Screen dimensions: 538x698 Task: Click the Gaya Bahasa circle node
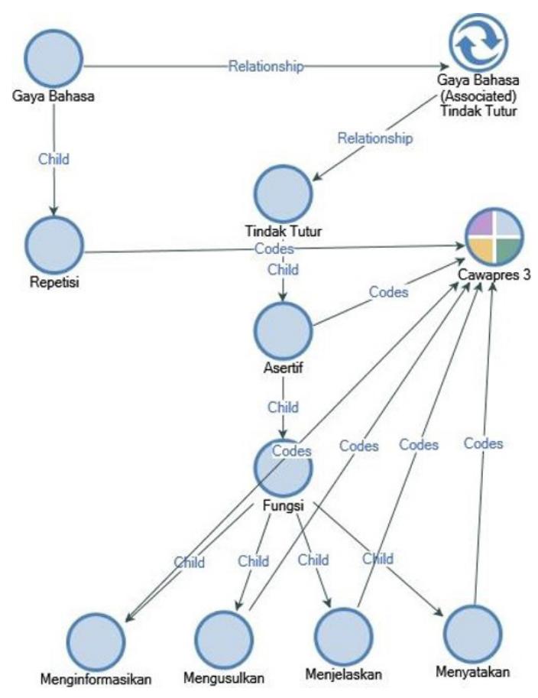(x=53, y=58)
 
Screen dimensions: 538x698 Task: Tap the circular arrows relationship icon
(x=478, y=43)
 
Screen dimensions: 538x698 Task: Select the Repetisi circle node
(x=54, y=245)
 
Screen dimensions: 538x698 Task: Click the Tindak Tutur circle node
(x=284, y=193)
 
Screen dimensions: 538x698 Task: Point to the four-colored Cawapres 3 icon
(x=494, y=237)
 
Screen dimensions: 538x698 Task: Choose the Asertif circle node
(x=284, y=331)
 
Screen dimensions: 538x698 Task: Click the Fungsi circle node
(x=284, y=468)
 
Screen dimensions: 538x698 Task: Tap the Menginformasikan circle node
(x=96, y=641)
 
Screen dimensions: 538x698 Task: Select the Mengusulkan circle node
(x=224, y=640)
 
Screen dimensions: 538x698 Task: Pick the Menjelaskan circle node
(x=343, y=637)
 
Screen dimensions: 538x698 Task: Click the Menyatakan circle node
(x=472, y=634)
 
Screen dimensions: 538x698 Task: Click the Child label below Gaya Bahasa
(x=53, y=159)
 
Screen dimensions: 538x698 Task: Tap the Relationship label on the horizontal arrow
(x=266, y=66)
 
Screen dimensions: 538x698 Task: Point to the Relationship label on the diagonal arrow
(x=375, y=138)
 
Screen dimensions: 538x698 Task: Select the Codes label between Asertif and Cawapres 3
(x=388, y=292)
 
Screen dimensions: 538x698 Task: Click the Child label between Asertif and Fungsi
(x=283, y=407)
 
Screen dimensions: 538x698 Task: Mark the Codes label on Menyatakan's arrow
(x=483, y=443)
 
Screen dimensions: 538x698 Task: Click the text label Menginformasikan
(x=96, y=680)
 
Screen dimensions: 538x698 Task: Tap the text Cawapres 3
(x=494, y=274)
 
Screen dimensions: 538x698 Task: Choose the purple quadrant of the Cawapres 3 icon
(x=481, y=224)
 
